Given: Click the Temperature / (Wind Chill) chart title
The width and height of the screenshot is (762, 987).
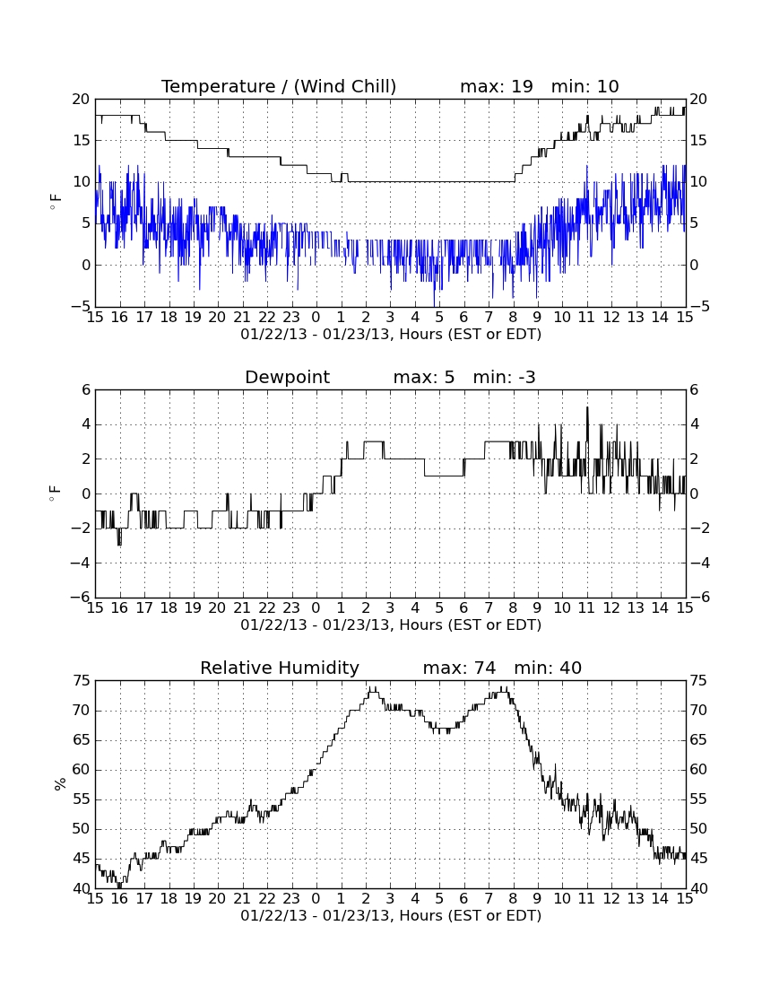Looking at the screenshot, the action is [279, 86].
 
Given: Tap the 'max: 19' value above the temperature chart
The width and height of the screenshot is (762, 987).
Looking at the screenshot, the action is [496, 86].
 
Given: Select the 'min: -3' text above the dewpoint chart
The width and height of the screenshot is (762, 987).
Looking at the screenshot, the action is [504, 377].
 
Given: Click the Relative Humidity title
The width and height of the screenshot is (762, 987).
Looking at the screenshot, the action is [279, 668].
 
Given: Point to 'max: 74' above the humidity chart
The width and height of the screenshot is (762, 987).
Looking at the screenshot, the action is [459, 668].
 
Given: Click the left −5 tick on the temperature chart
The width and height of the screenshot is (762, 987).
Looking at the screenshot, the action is [81, 307].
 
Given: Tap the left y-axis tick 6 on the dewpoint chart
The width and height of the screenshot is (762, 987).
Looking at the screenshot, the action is [86, 389].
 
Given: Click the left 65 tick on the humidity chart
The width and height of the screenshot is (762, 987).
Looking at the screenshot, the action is [82, 740].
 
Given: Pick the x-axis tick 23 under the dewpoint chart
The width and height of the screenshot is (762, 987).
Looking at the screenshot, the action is [291, 608].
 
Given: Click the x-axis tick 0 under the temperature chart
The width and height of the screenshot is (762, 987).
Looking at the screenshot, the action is [316, 318].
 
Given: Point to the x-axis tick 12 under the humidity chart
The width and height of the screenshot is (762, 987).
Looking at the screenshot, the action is [611, 899].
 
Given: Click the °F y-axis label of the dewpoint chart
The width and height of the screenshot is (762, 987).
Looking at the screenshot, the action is [56, 493].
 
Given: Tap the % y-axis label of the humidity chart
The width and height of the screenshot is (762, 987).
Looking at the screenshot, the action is [60, 784].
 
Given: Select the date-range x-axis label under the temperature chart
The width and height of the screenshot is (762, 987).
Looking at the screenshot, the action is [391, 335].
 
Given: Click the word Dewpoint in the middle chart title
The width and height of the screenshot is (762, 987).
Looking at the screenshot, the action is [288, 378].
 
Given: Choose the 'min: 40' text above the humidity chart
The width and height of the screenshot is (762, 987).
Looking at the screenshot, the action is [548, 668].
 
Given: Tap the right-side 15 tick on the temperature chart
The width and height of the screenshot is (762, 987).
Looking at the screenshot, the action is [697, 140].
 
